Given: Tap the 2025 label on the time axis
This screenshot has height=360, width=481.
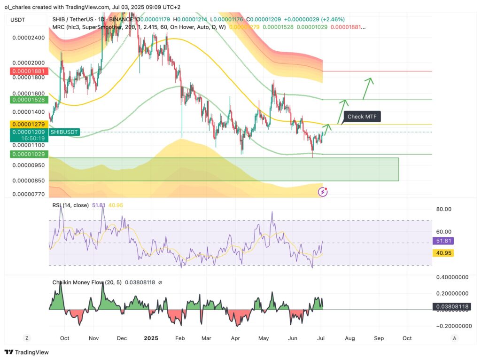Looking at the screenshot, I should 151,338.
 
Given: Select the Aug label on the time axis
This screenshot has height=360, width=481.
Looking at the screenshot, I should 349,338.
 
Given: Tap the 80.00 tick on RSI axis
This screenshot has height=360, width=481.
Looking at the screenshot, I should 443,209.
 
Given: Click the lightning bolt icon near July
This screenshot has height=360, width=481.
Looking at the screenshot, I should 323,191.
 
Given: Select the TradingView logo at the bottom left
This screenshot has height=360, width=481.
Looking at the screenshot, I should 27,352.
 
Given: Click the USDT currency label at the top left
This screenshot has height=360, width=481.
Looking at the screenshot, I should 17,20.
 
